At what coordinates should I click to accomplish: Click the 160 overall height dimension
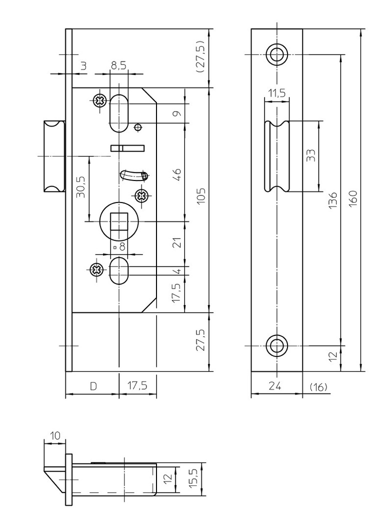click(x=353, y=199)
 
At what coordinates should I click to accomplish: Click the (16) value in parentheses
click(x=318, y=386)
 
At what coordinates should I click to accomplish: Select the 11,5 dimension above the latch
click(x=276, y=93)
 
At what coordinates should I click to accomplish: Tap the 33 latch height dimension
click(x=310, y=155)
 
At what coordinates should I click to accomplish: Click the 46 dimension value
click(x=176, y=174)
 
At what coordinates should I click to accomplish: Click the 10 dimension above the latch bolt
click(x=55, y=435)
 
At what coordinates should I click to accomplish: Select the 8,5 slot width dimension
click(x=118, y=65)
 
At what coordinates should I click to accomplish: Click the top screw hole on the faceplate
click(x=276, y=54)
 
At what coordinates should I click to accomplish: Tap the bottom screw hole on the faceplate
click(x=276, y=345)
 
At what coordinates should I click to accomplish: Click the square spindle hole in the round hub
click(x=118, y=220)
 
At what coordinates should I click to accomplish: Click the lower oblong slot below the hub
click(x=118, y=270)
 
